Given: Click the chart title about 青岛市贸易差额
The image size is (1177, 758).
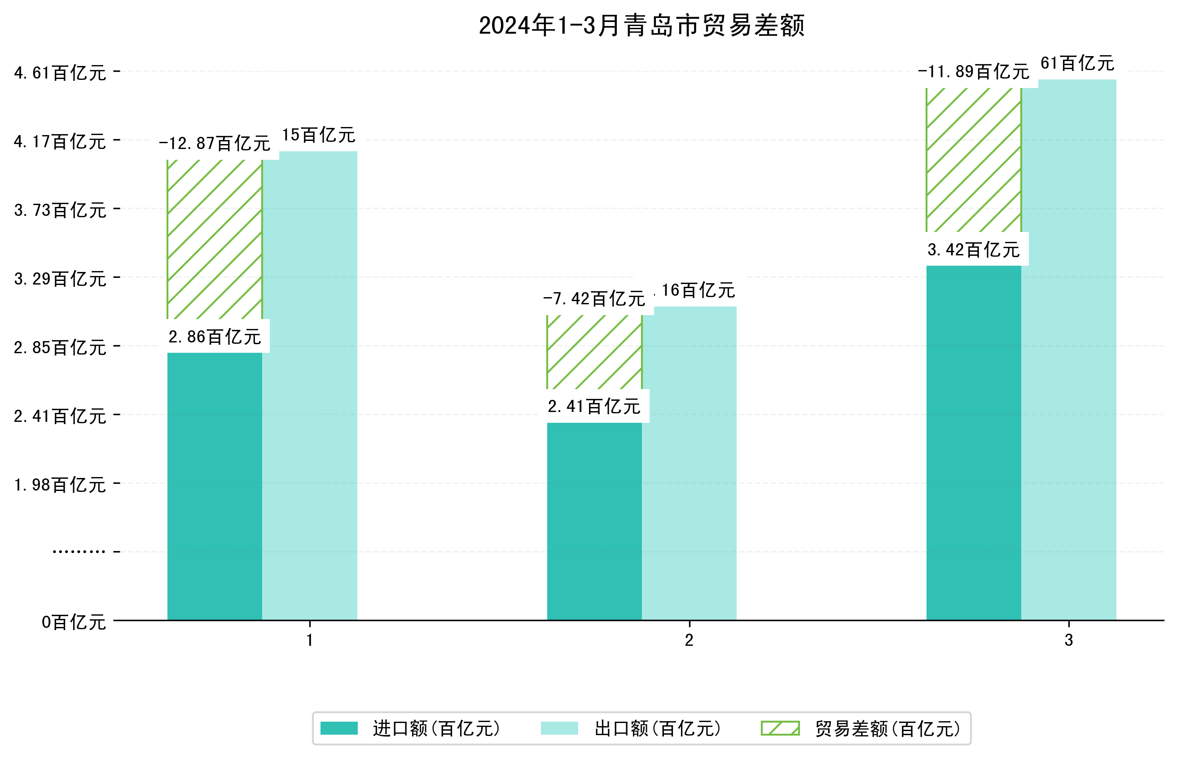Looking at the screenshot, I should [641, 26].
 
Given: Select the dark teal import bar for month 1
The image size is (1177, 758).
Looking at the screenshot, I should [215, 486].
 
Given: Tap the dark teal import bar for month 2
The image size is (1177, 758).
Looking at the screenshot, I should [594, 521].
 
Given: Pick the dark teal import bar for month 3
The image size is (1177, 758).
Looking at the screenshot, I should [973, 443].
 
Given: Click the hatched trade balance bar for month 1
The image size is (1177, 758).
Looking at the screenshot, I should [215, 239].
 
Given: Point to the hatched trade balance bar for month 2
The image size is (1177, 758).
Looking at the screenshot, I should [594, 352].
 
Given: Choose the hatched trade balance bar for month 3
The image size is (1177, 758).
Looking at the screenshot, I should [973, 160].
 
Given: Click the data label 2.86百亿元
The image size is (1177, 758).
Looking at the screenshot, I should [215, 337].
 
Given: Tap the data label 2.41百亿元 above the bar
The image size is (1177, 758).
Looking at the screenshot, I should [594, 407].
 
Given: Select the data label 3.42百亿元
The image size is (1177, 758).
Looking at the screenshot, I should [973, 250].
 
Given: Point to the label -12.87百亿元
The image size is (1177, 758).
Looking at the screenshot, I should [215, 143].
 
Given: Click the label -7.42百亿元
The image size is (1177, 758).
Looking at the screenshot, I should [594, 299].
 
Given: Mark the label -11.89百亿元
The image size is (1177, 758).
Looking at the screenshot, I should [973, 72].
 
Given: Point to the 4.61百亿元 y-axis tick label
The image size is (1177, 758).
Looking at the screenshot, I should [60, 73].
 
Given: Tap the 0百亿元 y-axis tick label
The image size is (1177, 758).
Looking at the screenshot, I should [74, 622].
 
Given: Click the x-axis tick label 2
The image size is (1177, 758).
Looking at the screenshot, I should [689, 640].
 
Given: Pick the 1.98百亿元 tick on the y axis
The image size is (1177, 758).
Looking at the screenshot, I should [60, 485].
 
